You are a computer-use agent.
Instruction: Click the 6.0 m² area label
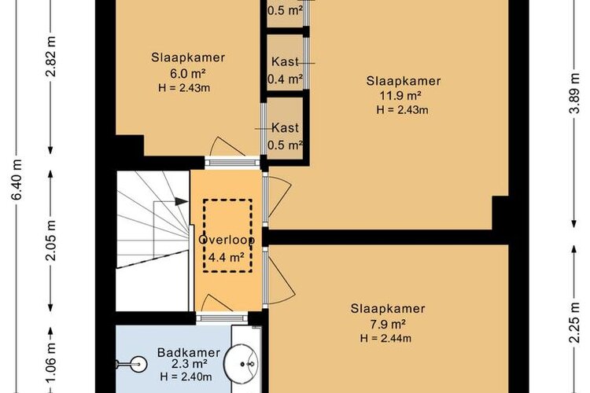click(x=187, y=73)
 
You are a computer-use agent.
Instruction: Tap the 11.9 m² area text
click(x=400, y=96)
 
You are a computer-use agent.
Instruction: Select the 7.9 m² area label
click(x=388, y=324)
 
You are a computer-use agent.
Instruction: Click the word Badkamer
click(x=189, y=353)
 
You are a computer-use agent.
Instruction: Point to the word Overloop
click(x=227, y=240)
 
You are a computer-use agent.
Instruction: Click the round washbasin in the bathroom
click(x=242, y=363)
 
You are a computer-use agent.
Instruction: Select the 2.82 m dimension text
click(x=50, y=57)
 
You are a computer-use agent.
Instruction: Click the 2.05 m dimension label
click(x=50, y=241)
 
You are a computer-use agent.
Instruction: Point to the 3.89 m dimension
click(x=574, y=95)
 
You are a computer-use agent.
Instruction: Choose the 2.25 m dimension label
click(x=574, y=322)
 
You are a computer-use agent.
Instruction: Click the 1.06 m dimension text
click(x=50, y=362)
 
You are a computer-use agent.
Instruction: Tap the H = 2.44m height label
click(x=385, y=339)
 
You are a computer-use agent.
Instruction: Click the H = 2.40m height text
click(x=186, y=376)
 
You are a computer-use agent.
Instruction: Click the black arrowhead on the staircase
click(x=182, y=201)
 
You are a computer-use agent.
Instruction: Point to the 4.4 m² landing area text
click(x=227, y=257)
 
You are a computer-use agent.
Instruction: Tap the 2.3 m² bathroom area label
click(x=190, y=365)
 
